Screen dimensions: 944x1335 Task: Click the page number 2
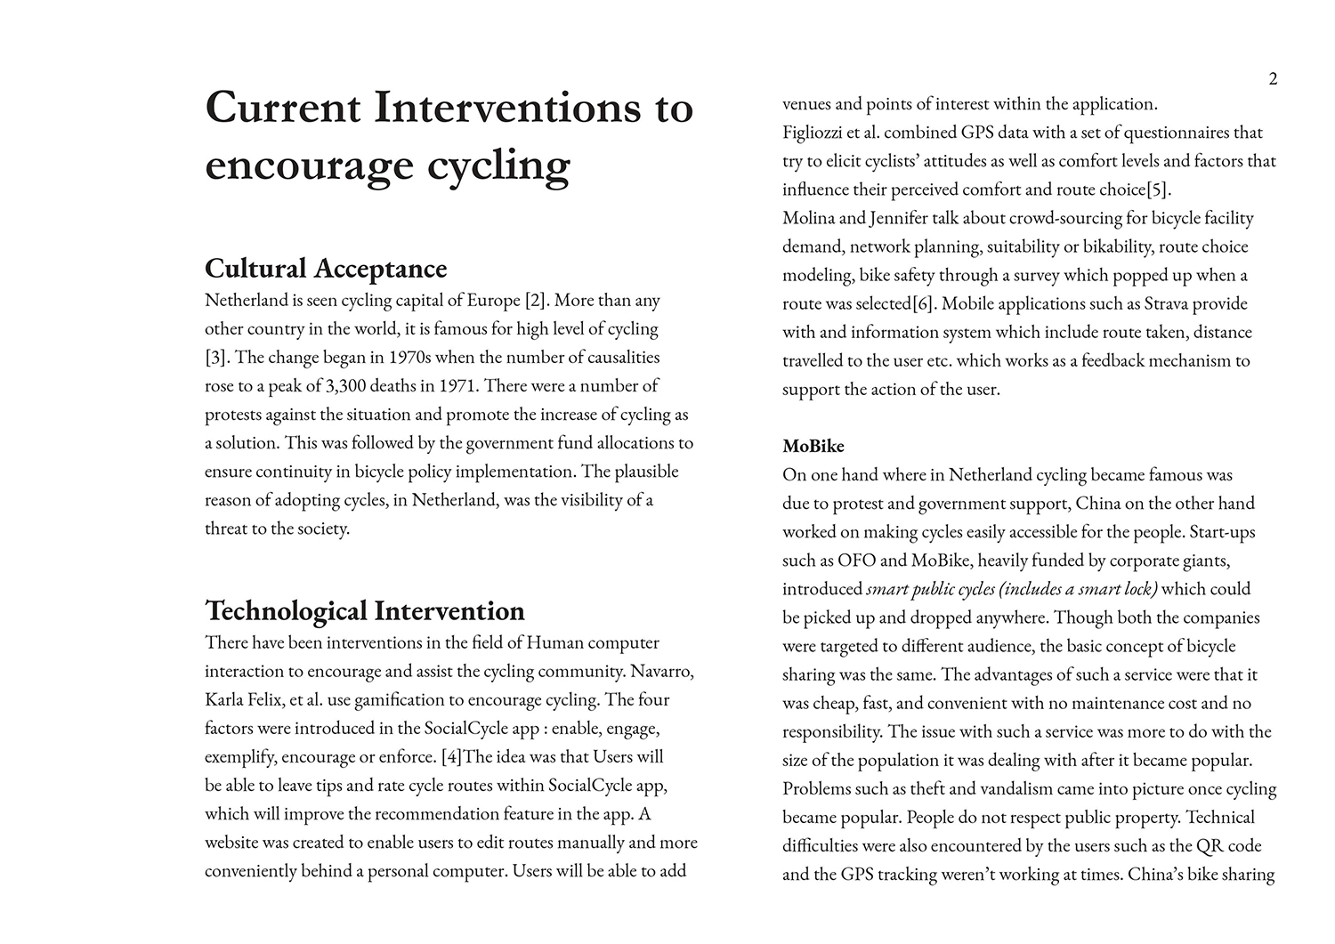click(x=1273, y=79)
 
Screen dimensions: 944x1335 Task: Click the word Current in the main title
click(x=283, y=108)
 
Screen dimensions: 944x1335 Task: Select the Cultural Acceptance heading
click(x=326, y=268)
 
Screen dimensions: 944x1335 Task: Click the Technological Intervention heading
click(x=365, y=610)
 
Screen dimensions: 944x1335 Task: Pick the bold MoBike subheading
click(x=813, y=446)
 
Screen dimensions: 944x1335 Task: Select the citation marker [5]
click(x=1158, y=190)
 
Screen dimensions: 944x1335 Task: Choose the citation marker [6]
click(x=923, y=303)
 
